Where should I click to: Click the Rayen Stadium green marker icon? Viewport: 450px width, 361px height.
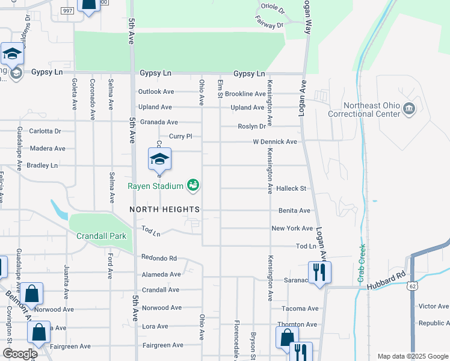click(193, 185)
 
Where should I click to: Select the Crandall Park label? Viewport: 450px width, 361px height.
click(101, 235)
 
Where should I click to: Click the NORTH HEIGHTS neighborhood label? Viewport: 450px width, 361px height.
click(165, 209)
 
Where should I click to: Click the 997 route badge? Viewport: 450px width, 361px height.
click(67, 11)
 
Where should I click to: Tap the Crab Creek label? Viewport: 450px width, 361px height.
click(362, 262)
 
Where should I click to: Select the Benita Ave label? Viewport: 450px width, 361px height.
click(294, 211)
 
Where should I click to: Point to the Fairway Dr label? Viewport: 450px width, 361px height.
click(271, 25)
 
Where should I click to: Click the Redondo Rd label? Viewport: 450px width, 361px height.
click(159, 258)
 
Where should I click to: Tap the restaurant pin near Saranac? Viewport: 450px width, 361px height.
click(319, 273)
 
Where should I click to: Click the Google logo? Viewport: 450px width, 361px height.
click(20, 353)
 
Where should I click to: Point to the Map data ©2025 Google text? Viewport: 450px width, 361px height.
click(412, 356)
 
